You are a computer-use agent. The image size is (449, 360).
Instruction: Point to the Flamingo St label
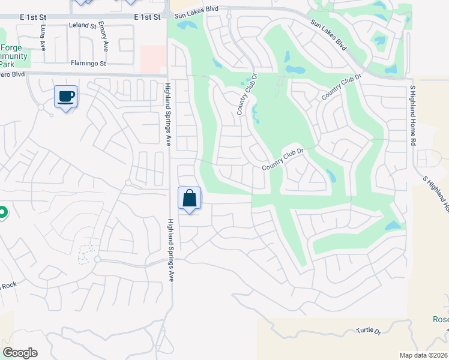tap(88, 62)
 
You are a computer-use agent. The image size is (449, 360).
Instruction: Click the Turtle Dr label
tap(369, 331)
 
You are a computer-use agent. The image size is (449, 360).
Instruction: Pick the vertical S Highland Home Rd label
tap(413, 116)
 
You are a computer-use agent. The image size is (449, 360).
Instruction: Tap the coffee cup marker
tap(66, 97)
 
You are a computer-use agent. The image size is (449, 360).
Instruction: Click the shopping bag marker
tap(189, 198)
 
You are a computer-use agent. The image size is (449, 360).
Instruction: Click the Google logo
tap(20, 353)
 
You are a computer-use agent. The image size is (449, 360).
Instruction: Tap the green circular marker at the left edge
tap(2, 213)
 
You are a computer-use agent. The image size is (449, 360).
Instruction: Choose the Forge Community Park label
tap(14, 56)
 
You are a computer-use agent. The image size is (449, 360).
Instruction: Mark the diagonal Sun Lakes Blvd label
tap(329, 35)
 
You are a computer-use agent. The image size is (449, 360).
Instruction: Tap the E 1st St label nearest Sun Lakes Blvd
tap(148, 17)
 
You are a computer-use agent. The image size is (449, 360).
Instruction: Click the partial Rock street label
tap(8, 285)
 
